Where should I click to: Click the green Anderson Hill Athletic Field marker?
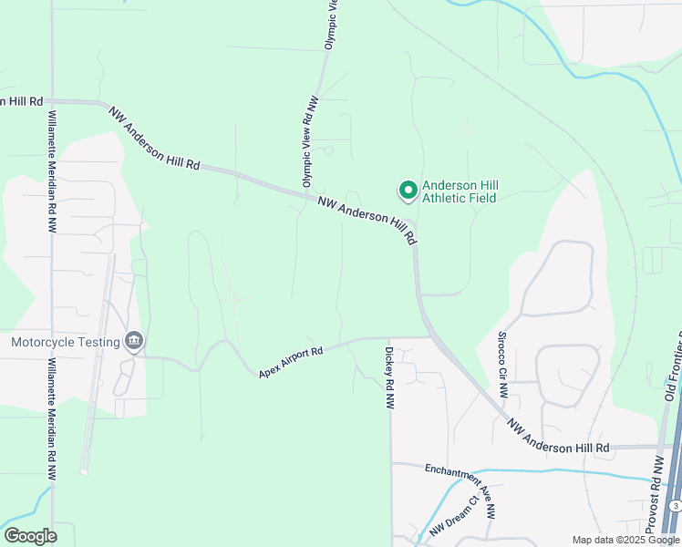pos(408,191)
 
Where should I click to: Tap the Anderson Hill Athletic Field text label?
pos(460,192)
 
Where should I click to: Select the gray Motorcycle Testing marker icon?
pos(134,341)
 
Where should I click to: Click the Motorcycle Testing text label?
pos(66,342)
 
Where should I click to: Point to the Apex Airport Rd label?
pos(291,362)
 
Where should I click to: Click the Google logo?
pos(30,536)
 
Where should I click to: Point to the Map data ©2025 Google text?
pos(625,540)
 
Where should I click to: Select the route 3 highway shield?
pos(675,505)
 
